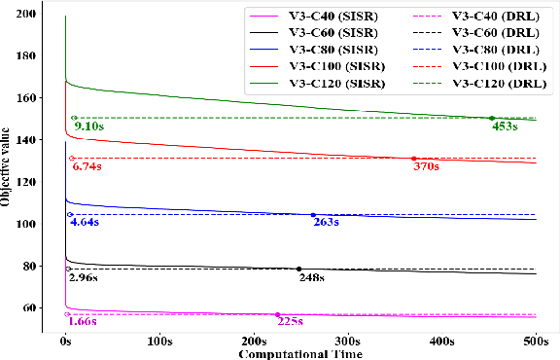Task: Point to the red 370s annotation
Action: [426, 166]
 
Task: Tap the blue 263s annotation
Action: [325, 223]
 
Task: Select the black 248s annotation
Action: [311, 277]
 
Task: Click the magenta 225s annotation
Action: [290, 321]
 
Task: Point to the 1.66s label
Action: [82, 321]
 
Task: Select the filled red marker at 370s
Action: [413, 159]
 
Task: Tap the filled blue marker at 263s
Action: [313, 215]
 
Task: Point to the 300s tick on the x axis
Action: [347, 342]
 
